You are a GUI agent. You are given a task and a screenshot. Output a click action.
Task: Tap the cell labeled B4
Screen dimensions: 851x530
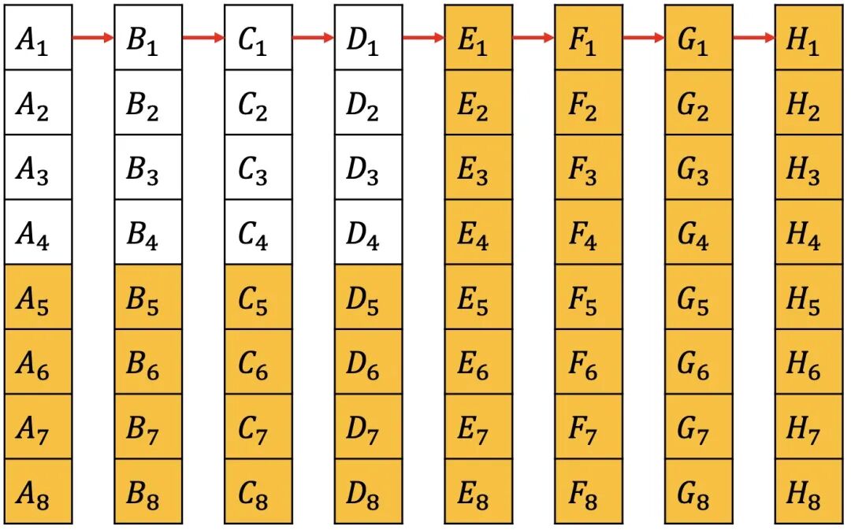click(x=148, y=232)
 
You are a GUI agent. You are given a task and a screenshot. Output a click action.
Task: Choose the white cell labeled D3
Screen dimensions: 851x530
click(x=368, y=168)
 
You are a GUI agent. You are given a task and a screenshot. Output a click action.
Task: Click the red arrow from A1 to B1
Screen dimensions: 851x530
click(x=93, y=37)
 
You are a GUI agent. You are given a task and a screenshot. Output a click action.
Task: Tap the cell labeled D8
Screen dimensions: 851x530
click(x=368, y=491)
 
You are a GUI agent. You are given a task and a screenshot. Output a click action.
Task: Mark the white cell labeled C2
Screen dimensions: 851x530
click(x=258, y=102)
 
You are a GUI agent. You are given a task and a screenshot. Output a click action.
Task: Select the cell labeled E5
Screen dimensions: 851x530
click(x=478, y=297)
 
